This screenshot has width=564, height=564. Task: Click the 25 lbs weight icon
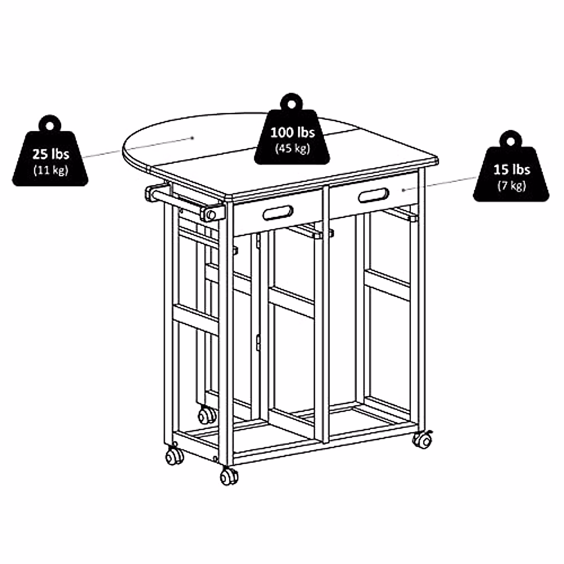tap(50, 157)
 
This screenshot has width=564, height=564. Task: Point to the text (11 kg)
tap(50, 170)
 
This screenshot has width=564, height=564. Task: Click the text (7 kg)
tap(511, 186)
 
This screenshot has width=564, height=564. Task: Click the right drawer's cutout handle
tap(374, 195)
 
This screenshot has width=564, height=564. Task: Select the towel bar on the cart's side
tap(183, 203)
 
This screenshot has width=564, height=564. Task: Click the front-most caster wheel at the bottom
tap(229, 476)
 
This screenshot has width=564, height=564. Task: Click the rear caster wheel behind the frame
tap(207, 415)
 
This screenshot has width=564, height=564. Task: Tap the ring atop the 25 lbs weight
tap(50, 124)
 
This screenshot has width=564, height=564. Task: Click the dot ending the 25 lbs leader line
tap(193, 138)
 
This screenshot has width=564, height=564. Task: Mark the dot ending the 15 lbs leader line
tap(403, 190)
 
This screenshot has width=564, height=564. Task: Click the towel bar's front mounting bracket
tap(211, 214)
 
